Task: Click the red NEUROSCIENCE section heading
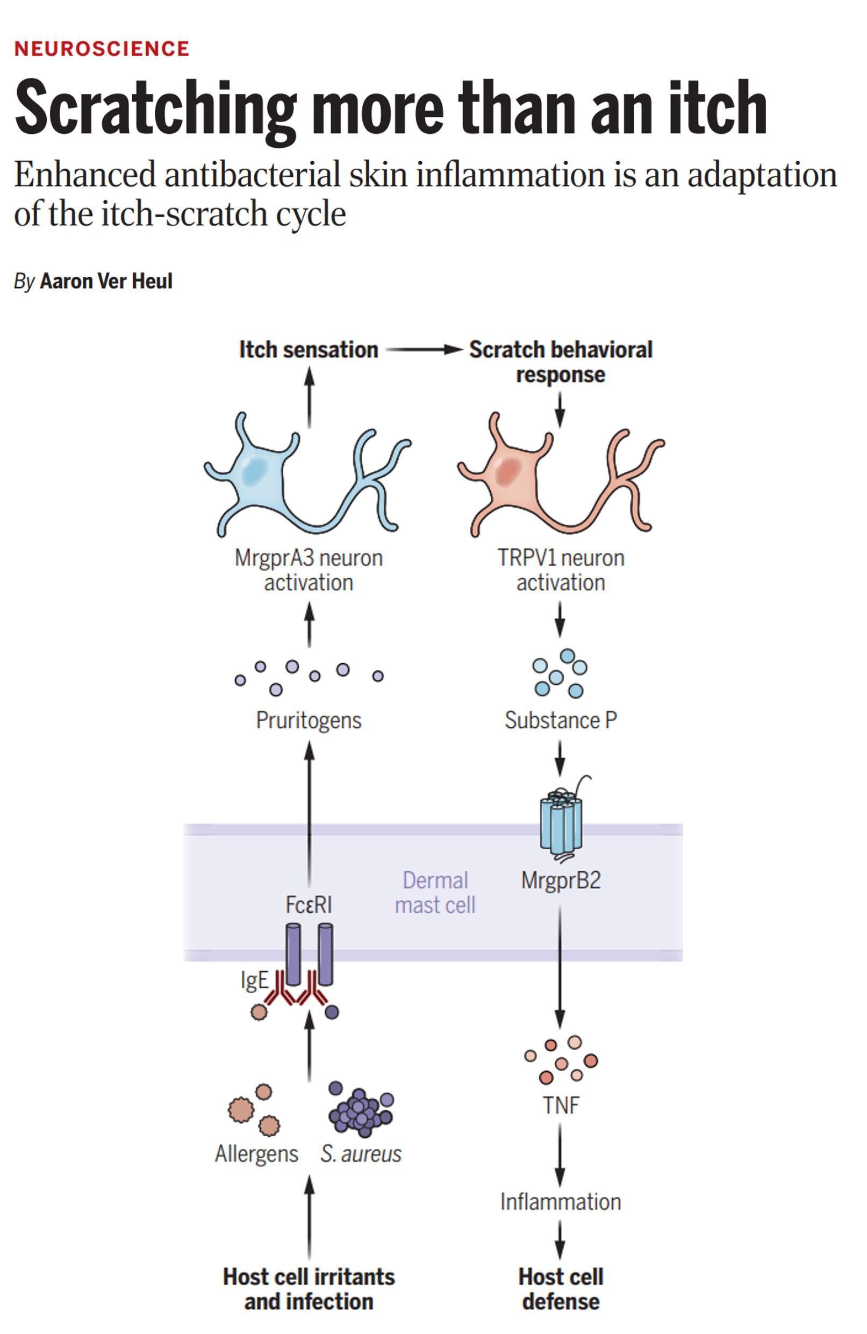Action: pyautogui.click(x=102, y=49)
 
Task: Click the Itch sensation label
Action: pyautogui.click(x=308, y=350)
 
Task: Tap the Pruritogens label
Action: pyautogui.click(x=308, y=720)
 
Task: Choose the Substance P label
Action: pyautogui.click(x=561, y=720)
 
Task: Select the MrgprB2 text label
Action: pyautogui.click(x=561, y=880)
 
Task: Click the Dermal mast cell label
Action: pyautogui.click(x=435, y=892)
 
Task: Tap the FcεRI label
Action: pyautogui.click(x=308, y=905)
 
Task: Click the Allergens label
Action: pyautogui.click(x=256, y=1153)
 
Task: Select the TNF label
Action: pyautogui.click(x=561, y=1106)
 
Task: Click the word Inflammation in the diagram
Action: pyautogui.click(x=561, y=1202)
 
